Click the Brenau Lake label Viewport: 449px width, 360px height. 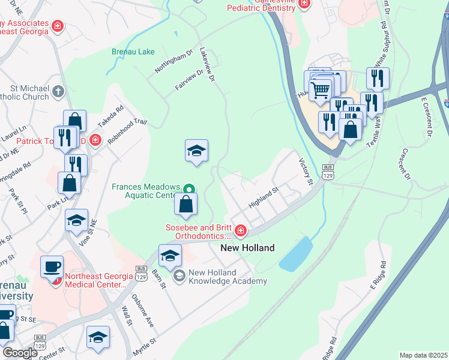coord(133,52)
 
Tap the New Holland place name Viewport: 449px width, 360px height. coord(247,248)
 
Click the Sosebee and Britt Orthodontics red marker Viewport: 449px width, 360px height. coord(240,230)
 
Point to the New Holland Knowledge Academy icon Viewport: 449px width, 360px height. coord(179,276)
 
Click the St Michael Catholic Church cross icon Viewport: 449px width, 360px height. coord(58,92)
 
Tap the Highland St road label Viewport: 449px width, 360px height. coord(264,197)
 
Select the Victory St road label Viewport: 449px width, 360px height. coord(306,171)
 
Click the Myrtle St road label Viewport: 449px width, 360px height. coord(145,346)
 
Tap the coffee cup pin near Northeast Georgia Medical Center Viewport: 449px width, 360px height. coord(52,266)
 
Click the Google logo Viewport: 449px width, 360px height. coord(20,353)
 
